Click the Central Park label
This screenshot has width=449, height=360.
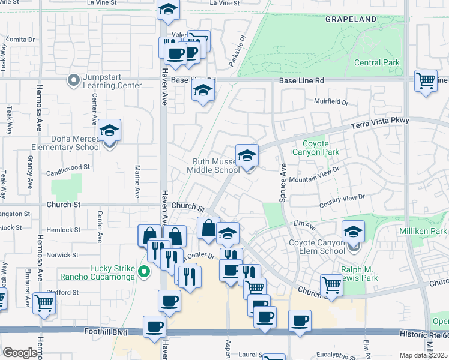pyautogui.click(x=377, y=62)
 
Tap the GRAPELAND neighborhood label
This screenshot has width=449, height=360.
pyautogui.click(x=351, y=19)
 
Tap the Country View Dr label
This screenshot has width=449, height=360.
pyautogui.click(x=342, y=197)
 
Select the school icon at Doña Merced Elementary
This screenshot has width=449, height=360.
pyautogui.click(x=110, y=130)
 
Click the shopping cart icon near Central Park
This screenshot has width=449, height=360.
pyautogui.click(x=426, y=79)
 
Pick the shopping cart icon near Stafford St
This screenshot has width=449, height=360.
pyautogui.click(x=44, y=303)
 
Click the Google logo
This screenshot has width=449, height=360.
pyautogui.click(x=20, y=353)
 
